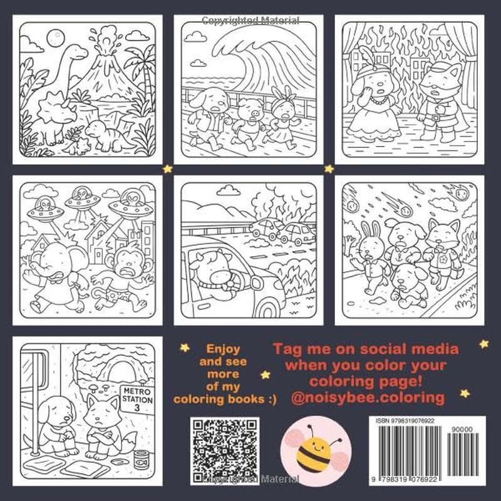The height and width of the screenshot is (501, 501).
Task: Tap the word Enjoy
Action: [x=224, y=349]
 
